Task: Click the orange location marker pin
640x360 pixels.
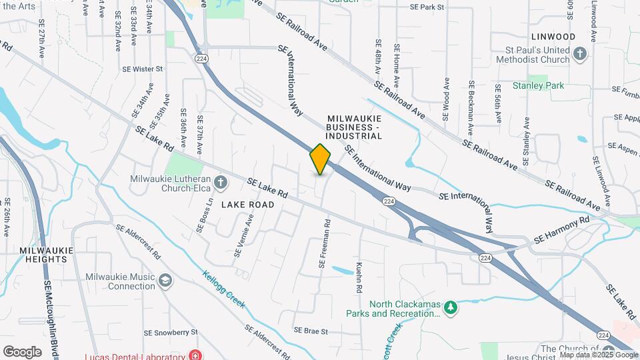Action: point(320,159)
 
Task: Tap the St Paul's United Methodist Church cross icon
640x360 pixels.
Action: point(579,53)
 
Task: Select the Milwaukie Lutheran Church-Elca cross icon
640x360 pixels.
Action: point(221,181)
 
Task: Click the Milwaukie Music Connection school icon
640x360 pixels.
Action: point(165,280)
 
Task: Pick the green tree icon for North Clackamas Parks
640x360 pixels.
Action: point(451,307)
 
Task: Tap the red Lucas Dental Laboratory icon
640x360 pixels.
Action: point(194,355)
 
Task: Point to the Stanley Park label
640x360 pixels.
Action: point(538,85)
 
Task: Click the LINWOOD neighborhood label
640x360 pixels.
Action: point(553,36)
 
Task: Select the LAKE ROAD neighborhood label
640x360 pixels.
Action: point(248,205)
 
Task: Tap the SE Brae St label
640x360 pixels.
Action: point(311,331)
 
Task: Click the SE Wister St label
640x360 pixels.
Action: point(142,69)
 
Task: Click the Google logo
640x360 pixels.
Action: point(22,351)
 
